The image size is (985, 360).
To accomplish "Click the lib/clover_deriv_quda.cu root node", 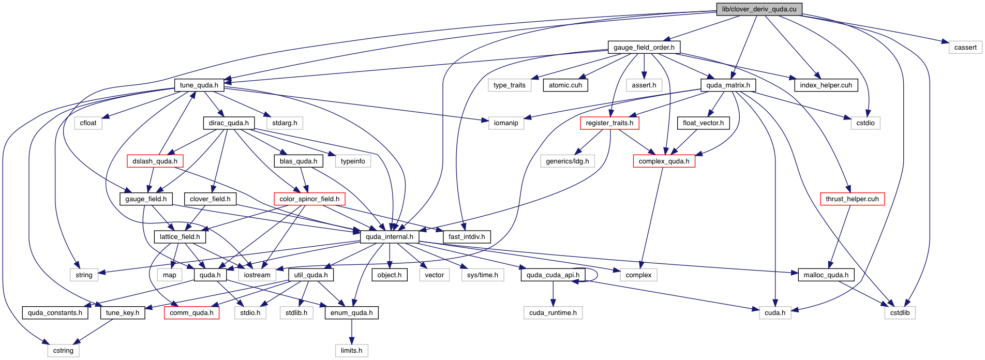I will (x=759, y=9).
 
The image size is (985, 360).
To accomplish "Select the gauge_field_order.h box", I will (x=644, y=48).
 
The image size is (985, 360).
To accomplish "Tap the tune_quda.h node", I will (x=199, y=85).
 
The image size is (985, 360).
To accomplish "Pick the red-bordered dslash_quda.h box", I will (x=155, y=161).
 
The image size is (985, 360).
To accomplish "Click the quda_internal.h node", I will (x=389, y=237).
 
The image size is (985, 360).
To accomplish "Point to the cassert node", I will (x=965, y=48).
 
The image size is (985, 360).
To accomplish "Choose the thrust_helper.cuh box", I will (x=852, y=199).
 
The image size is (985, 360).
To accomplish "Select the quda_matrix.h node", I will (x=728, y=85).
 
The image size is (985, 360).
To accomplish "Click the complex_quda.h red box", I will (x=664, y=161).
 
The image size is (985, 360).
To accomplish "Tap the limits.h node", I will (x=351, y=351).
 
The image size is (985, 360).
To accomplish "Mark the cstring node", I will (x=63, y=351).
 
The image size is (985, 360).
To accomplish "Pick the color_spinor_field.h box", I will (x=309, y=199).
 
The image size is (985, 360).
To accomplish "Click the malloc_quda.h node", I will (x=826, y=275).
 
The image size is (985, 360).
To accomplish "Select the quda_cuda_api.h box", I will (x=553, y=275).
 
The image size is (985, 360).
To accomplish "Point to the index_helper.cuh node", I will (x=826, y=85).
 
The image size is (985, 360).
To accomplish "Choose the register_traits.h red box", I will (x=609, y=123).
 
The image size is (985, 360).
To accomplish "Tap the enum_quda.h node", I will (x=351, y=313).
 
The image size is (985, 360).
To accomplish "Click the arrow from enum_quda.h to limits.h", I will (x=351, y=332).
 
